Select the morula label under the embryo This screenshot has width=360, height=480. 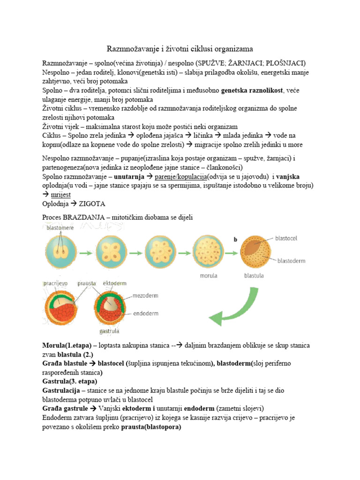[207, 276]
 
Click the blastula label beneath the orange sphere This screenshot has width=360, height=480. [255, 276]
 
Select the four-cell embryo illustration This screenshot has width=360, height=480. [112, 254]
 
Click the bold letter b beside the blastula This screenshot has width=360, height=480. [235, 239]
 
